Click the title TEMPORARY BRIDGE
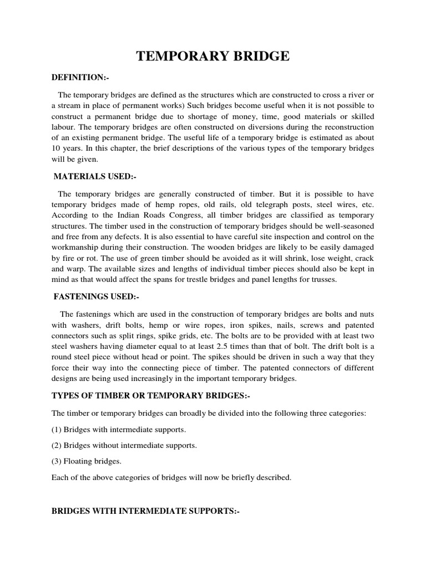coord(213,56)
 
